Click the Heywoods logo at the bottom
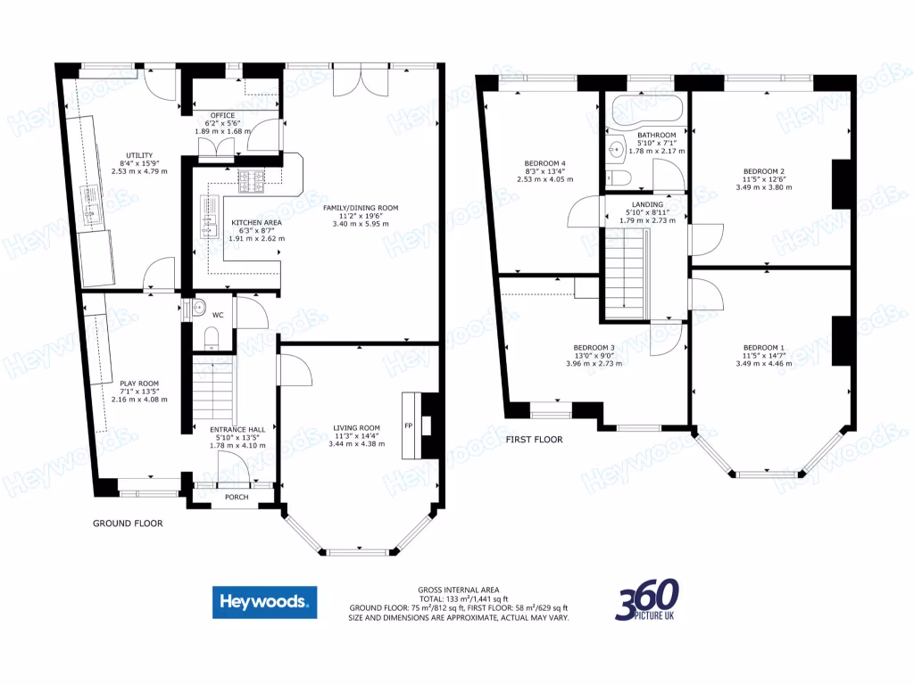(264, 601)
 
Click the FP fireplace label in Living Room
(409, 425)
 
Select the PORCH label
(237, 498)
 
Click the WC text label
(218, 315)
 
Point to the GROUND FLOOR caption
(129, 524)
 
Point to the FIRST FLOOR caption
(534, 440)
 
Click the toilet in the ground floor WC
(211, 335)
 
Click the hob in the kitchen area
(251, 181)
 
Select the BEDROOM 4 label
(544, 163)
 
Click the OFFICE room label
(221, 116)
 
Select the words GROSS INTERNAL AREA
(457, 590)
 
